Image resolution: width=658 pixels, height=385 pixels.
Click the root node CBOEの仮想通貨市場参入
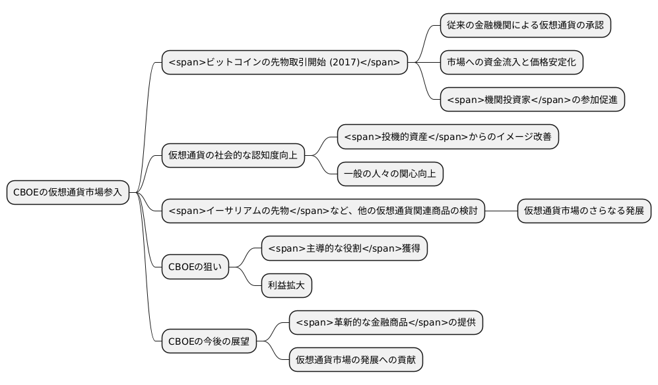pyautogui.click(x=67, y=192)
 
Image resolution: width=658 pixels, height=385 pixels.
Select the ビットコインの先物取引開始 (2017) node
pyautogui.click(x=284, y=63)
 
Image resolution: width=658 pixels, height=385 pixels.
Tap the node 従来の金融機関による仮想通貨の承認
pyautogui.click(x=525, y=26)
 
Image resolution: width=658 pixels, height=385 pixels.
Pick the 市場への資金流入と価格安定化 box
pyautogui.click(x=511, y=63)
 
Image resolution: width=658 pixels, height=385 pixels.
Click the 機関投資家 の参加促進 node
pyautogui.click(x=532, y=100)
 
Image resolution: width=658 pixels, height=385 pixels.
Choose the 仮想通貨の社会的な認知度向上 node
pyautogui.click(x=233, y=156)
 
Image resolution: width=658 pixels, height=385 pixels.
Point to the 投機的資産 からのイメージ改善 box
pyautogui.click(x=448, y=137)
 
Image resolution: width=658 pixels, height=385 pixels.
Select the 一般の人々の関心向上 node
pyautogui.click(x=390, y=174)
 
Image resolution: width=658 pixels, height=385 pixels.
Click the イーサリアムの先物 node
pyautogui.click(x=323, y=211)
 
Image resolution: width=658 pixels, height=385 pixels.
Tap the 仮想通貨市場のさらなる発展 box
pyautogui.click(x=584, y=211)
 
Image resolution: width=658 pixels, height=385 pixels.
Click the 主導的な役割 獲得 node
pyautogui.click(x=345, y=248)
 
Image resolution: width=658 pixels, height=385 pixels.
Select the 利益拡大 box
pyautogui.click(x=286, y=285)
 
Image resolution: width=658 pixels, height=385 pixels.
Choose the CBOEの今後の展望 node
pyautogui.click(x=209, y=341)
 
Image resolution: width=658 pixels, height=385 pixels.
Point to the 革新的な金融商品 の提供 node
pyautogui.click(x=386, y=323)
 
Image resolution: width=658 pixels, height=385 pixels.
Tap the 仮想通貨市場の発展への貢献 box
pyautogui.click(x=356, y=360)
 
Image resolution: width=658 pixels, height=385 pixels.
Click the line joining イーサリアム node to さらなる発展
pyautogui.click(x=501, y=211)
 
